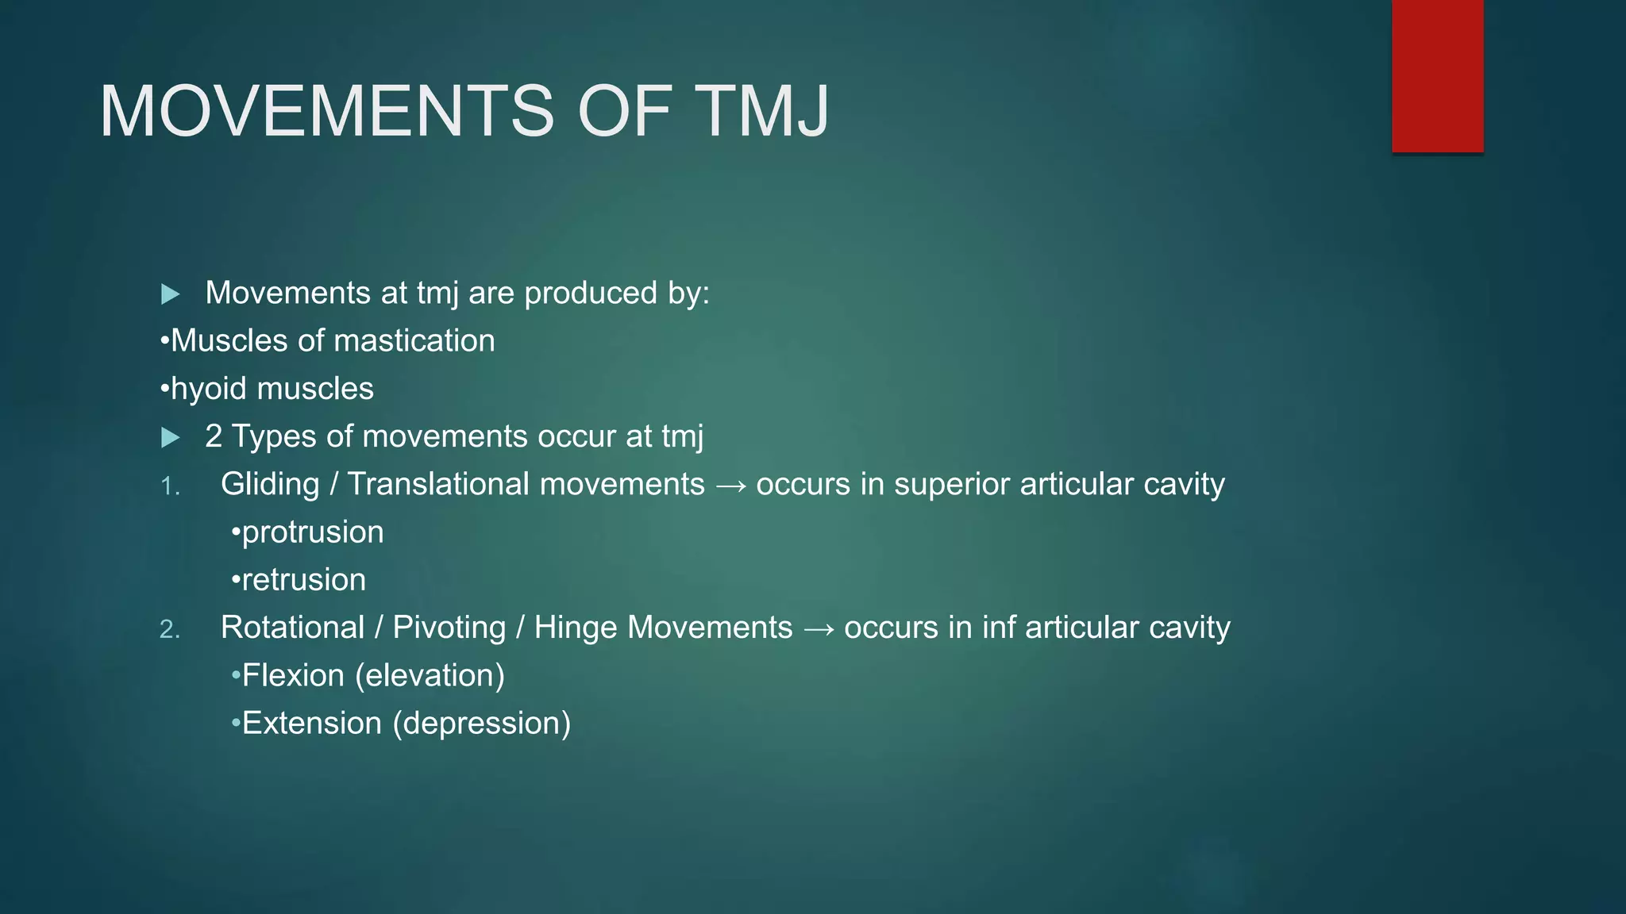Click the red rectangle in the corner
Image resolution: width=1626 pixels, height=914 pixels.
click(x=1437, y=75)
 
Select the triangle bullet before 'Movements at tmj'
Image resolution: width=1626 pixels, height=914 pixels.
click(x=170, y=294)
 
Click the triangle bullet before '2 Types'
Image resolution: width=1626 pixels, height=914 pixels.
click(x=170, y=437)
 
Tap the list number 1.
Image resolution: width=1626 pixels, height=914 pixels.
click(x=169, y=486)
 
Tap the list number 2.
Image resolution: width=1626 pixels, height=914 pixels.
click(x=169, y=629)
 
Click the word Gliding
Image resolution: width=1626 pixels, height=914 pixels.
click(x=270, y=485)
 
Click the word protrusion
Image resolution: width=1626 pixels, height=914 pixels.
click(x=312, y=532)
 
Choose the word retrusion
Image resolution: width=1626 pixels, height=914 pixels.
click(x=303, y=580)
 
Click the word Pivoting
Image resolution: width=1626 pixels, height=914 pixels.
click(x=449, y=628)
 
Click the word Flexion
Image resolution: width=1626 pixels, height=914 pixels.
click(x=292, y=675)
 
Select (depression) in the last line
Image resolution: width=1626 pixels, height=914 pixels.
click(x=481, y=724)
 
